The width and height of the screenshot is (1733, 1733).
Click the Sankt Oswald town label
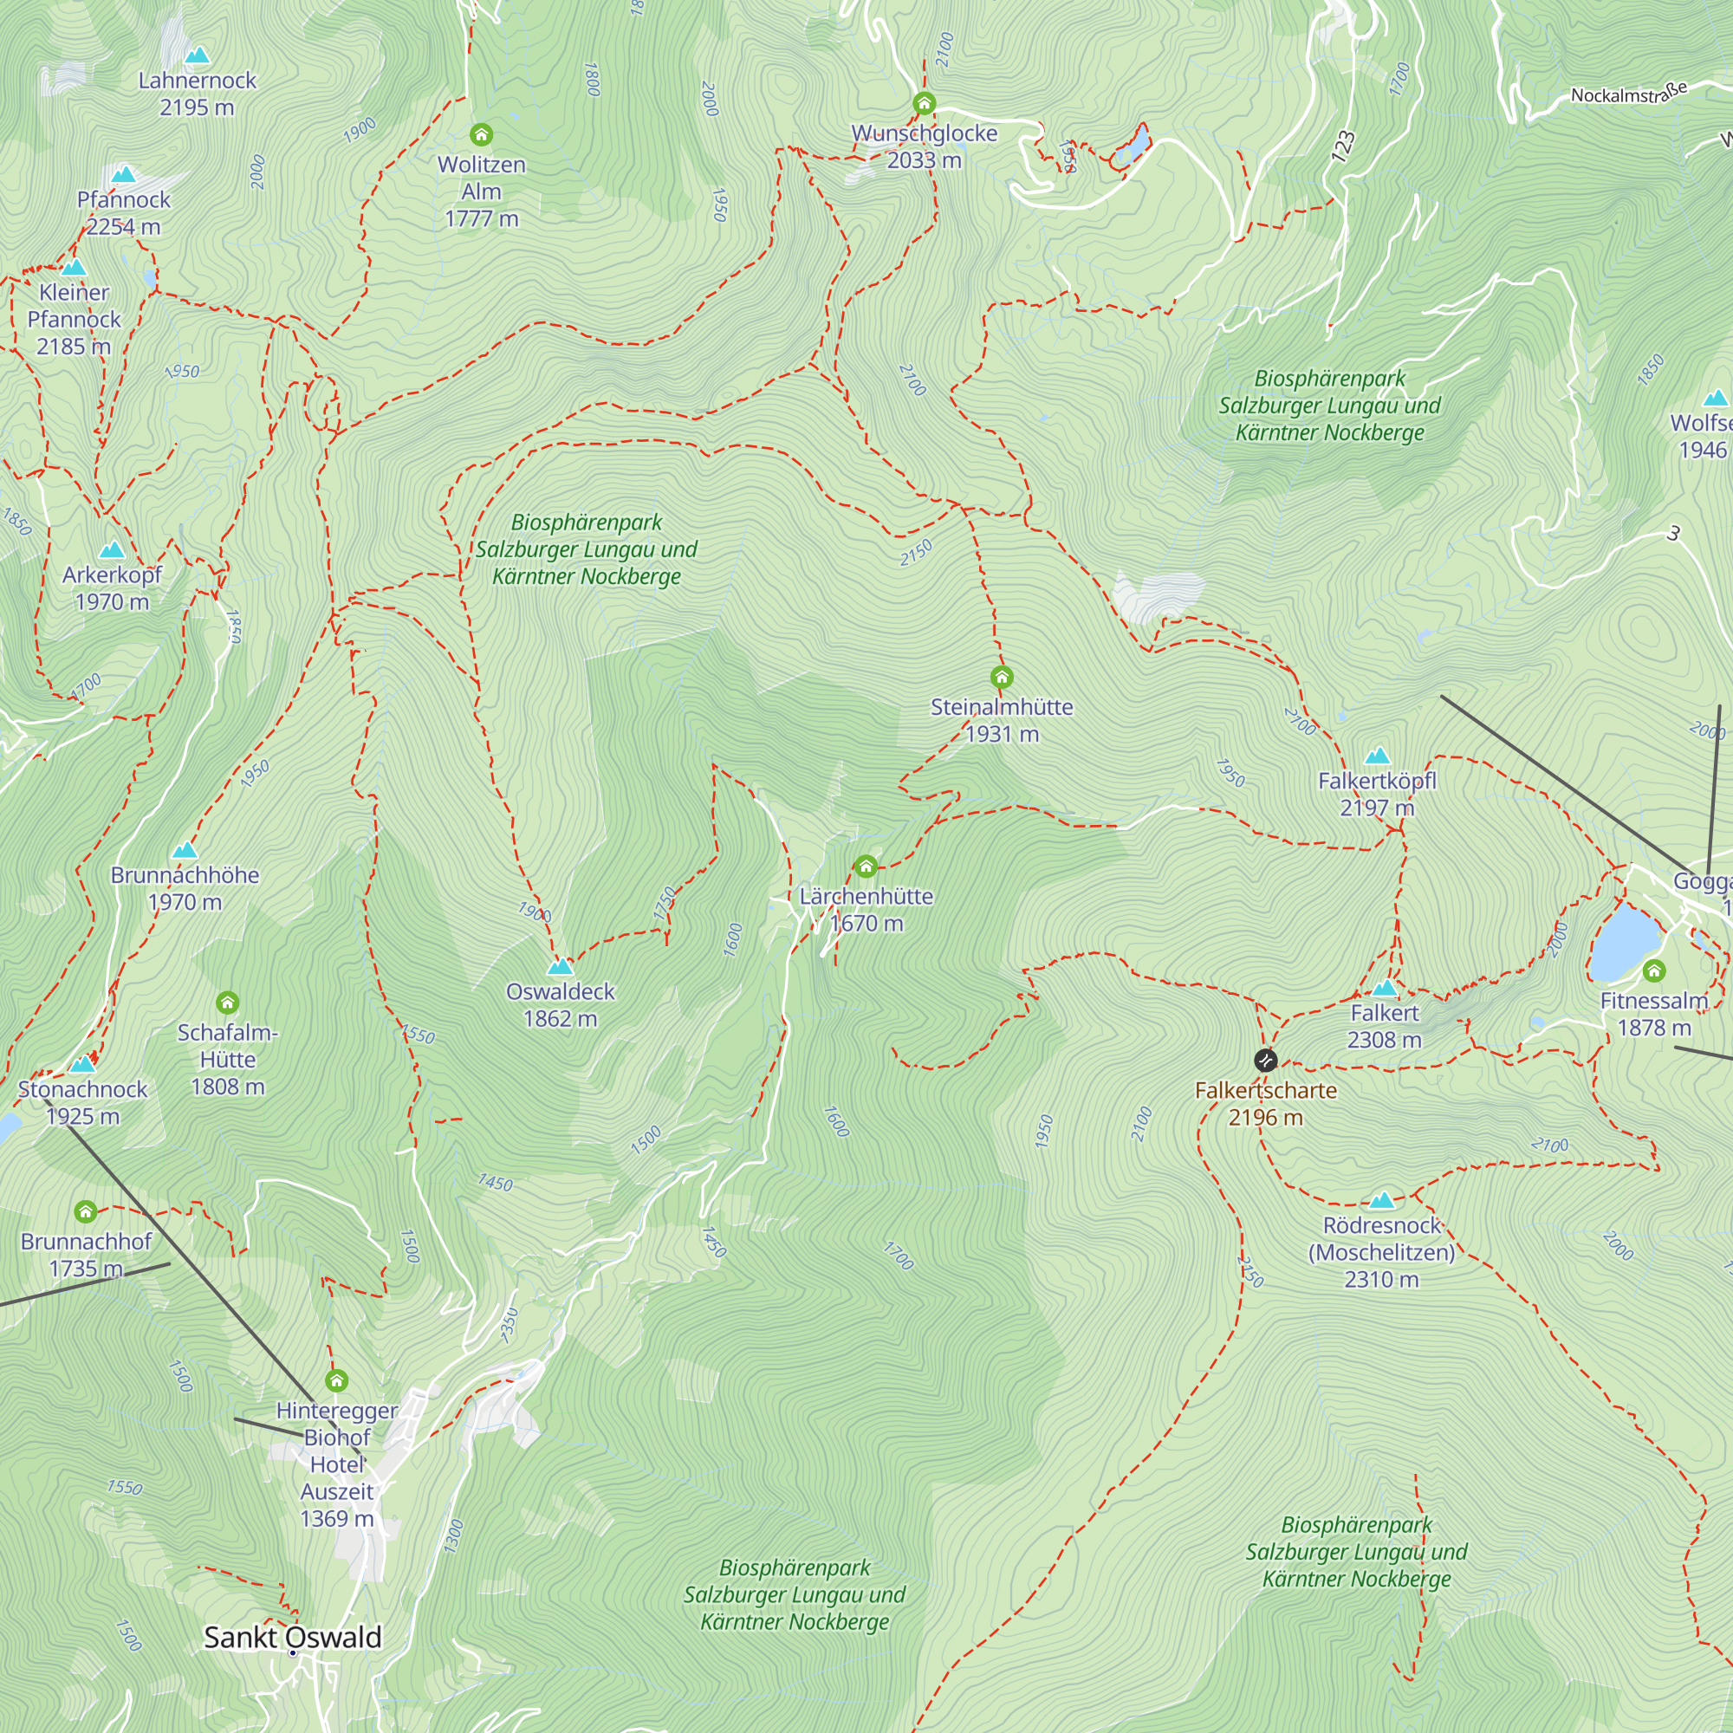click(x=292, y=1637)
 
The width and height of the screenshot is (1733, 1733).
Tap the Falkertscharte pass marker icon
click(x=1265, y=1061)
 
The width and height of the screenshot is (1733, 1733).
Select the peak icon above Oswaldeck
click(x=560, y=966)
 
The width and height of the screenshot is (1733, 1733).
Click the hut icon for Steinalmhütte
click(x=1001, y=677)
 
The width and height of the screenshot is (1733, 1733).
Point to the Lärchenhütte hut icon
click(x=865, y=866)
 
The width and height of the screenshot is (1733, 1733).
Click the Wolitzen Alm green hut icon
click(x=481, y=134)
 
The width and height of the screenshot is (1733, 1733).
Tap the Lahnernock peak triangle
click(x=197, y=55)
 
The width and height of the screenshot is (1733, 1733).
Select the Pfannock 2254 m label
click(x=123, y=212)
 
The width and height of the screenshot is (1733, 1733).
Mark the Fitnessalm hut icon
click(x=1654, y=970)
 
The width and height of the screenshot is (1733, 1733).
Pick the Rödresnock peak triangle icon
click(x=1381, y=1200)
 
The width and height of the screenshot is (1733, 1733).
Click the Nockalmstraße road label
click(x=1628, y=94)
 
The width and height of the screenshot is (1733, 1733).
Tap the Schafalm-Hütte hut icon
click(x=227, y=1002)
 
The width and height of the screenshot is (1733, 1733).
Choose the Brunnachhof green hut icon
click(x=85, y=1212)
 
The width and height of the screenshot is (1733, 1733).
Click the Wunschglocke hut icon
click(x=924, y=103)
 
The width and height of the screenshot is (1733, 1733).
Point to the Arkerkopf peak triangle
click(x=111, y=550)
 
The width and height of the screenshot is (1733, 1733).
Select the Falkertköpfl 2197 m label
click(x=1377, y=794)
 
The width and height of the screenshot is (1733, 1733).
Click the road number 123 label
click(x=1342, y=146)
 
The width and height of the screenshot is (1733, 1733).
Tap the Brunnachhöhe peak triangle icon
click(x=184, y=849)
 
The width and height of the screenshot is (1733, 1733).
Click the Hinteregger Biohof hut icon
click(x=336, y=1379)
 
